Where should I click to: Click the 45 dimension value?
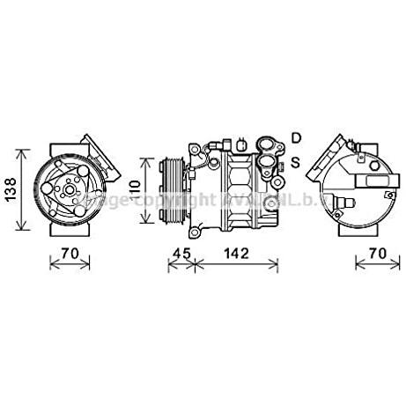coord(180,255)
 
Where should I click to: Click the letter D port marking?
coord(297,137)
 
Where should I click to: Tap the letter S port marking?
coord(297,162)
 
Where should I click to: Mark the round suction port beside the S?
coord(279,165)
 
